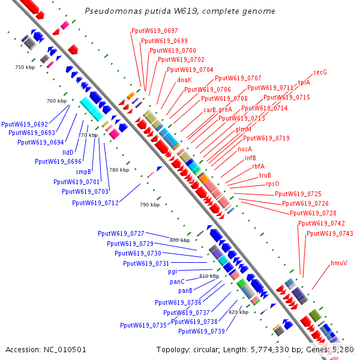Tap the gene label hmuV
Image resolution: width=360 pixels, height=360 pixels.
pos(339,263)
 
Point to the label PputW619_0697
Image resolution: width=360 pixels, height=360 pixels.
pos(154,31)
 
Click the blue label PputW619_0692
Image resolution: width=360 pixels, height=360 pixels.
pos(24,124)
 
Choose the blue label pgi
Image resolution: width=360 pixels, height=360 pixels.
pos(173,272)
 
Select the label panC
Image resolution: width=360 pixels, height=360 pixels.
pos(176,281)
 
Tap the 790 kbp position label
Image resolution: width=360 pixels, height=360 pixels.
pos(149,205)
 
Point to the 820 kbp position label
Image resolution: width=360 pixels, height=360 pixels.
pos(239,313)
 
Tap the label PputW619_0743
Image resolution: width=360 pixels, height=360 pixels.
pos(329,233)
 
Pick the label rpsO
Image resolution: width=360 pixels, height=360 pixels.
pos(272,184)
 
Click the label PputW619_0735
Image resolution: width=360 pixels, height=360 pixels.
pos(143,325)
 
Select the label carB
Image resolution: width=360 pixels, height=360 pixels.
pos(209,110)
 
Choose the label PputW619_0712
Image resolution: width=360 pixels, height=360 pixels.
pos(95,203)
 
